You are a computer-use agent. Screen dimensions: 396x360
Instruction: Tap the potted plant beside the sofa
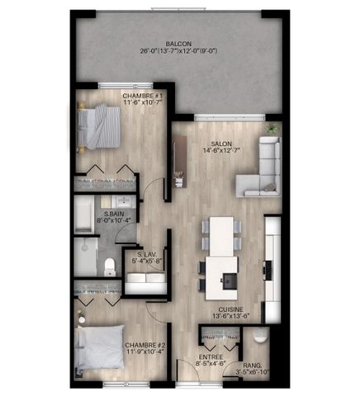(x=272, y=130)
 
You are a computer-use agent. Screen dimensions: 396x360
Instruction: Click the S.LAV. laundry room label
(x=147, y=254)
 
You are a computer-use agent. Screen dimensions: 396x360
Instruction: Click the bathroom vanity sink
(x=122, y=202)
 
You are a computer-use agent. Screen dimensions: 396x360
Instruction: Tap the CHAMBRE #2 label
(x=145, y=345)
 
